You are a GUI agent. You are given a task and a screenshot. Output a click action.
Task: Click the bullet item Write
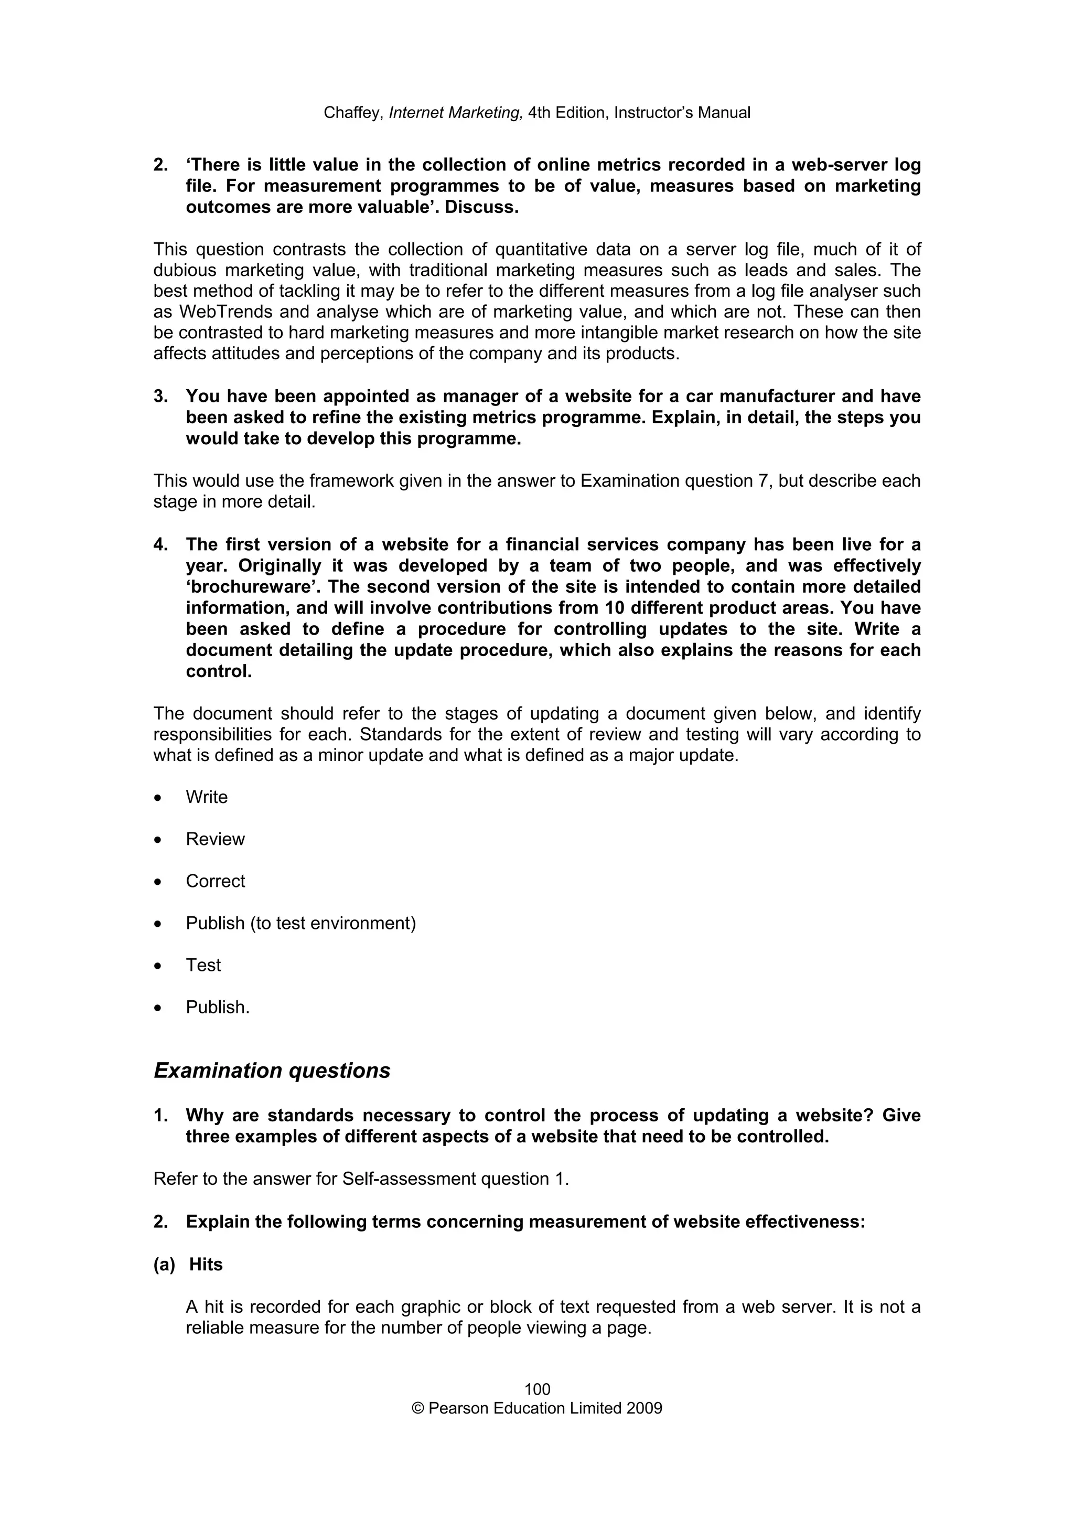point(207,797)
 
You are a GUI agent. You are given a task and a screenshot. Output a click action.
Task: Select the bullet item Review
point(215,839)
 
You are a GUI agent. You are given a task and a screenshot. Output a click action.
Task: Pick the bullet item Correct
point(215,881)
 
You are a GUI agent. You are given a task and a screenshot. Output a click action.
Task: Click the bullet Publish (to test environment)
point(300,923)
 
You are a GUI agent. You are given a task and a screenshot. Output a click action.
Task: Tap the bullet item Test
point(203,965)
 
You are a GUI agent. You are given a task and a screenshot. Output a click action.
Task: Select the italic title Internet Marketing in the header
point(456,113)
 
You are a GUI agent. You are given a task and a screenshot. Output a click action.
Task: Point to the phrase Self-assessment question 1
point(455,1179)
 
